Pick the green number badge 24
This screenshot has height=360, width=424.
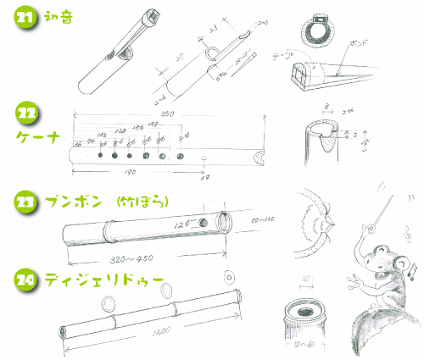pos(26,277)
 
